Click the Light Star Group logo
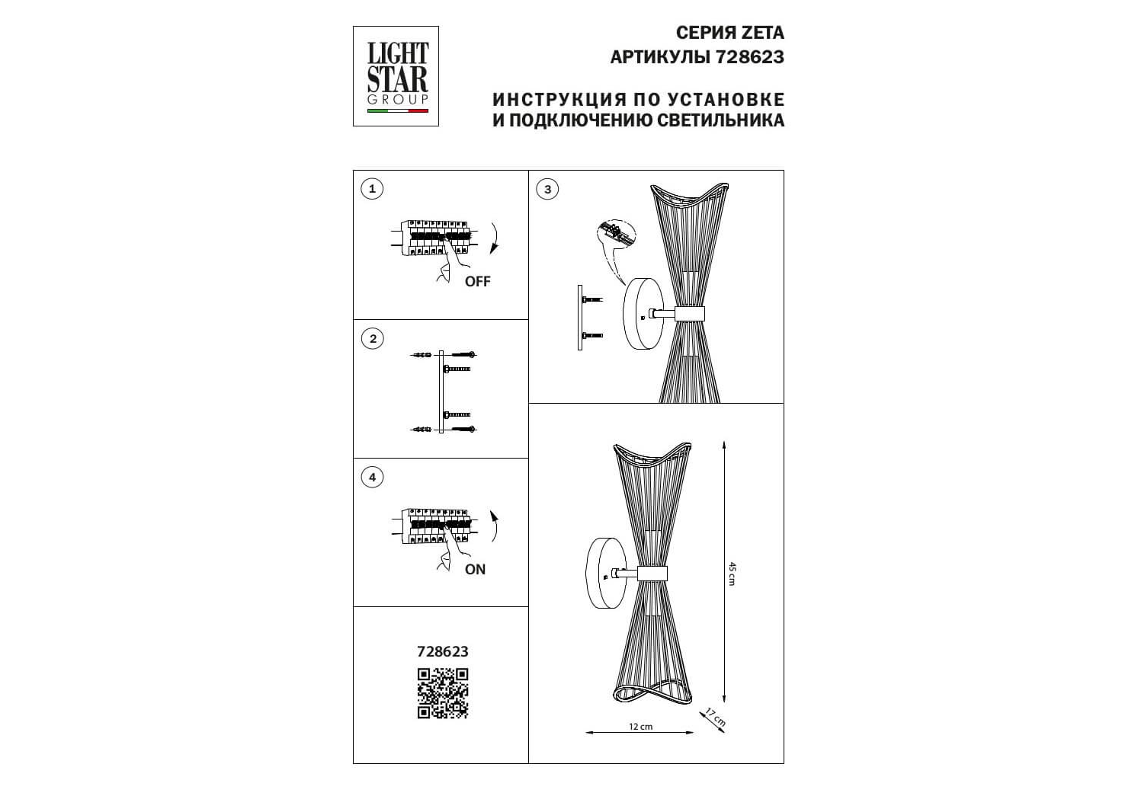pos(396,76)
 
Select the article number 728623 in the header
pos(750,57)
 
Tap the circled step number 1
pos(372,190)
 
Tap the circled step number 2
pos(373,339)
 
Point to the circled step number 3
pos(547,190)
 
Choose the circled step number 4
pos(373,478)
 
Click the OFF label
pos(478,281)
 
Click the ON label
pos(475,570)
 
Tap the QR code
pos(443,693)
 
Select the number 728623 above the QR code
pos(443,651)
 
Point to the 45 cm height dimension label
pos(732,574)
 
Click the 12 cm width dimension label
pos(640,727)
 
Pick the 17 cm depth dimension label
pos(716,718)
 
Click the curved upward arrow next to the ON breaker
pos(495,526)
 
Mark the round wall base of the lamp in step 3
pos(643,314)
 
